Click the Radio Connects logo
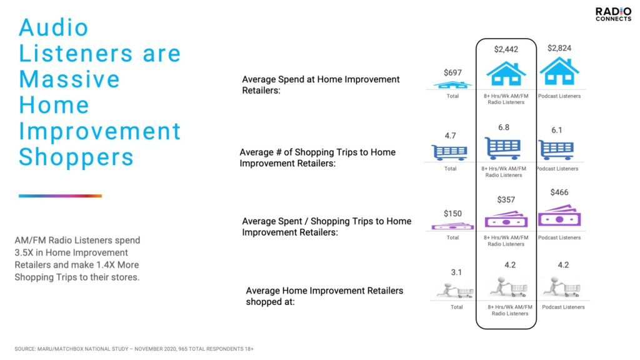[x=613, y=14]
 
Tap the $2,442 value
[x=506, y=49]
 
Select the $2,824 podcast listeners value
[x=559, y=48]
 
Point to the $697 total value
[x=452, y=72]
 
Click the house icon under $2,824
[x=559, y=71]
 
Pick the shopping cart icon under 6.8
[x=503, y=148]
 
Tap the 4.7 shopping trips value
[x=450, y=136]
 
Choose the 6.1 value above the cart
[x=557, y=130]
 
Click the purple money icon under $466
[x=559, y=216]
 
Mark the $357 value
[x=506, y=199]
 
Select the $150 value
[x=452, y=214]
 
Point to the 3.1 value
[x=456, y=272]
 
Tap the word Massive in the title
[x=69, y=79]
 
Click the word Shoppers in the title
[x=76, y=157]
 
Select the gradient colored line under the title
[x=60, y=196]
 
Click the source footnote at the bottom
[x=134, y=349]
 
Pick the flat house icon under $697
[x=452, y=85]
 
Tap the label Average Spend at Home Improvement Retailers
[x=321, y=85]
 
